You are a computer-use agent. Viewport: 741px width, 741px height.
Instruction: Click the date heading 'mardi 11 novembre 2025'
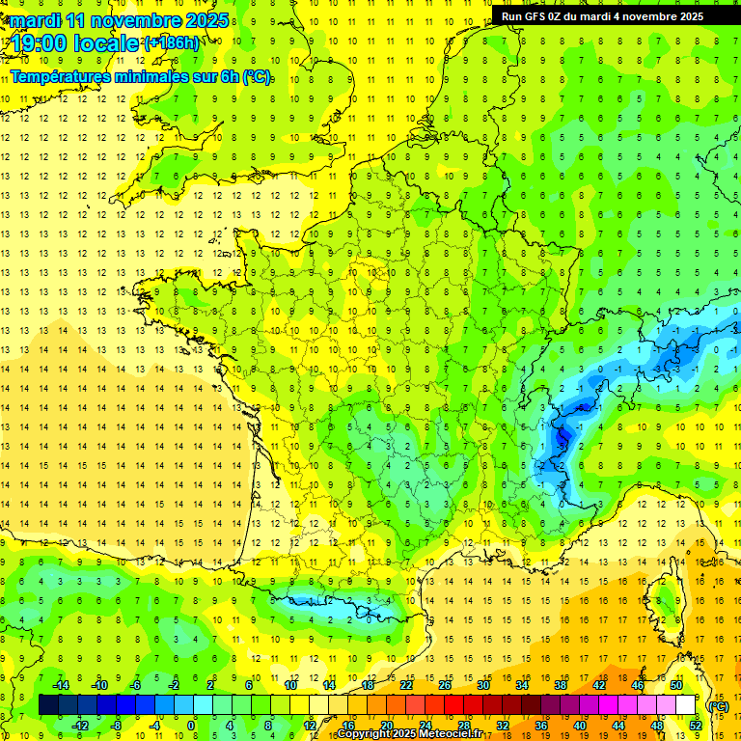(120, 20)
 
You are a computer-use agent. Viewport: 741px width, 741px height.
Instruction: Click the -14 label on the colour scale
(61, 684)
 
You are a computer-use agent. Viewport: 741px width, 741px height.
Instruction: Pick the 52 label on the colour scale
(695, 725)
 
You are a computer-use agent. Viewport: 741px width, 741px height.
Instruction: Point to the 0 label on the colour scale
(191, 725)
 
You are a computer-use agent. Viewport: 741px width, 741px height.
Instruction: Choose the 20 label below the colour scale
(386, 725)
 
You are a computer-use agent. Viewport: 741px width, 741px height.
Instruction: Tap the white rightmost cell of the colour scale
(686, 704)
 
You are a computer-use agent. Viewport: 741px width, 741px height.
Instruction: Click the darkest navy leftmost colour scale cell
(48, 704)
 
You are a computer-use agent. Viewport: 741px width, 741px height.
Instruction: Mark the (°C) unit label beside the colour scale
(719, 705)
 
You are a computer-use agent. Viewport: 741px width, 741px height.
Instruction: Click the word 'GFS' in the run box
(538, 15)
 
